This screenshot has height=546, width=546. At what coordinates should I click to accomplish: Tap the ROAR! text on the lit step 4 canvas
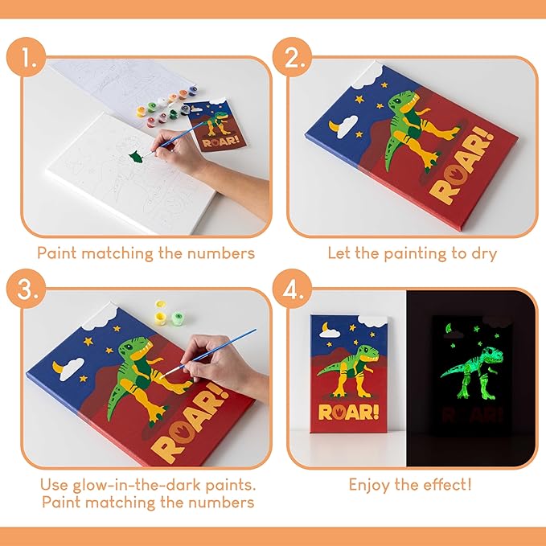[349, 413]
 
